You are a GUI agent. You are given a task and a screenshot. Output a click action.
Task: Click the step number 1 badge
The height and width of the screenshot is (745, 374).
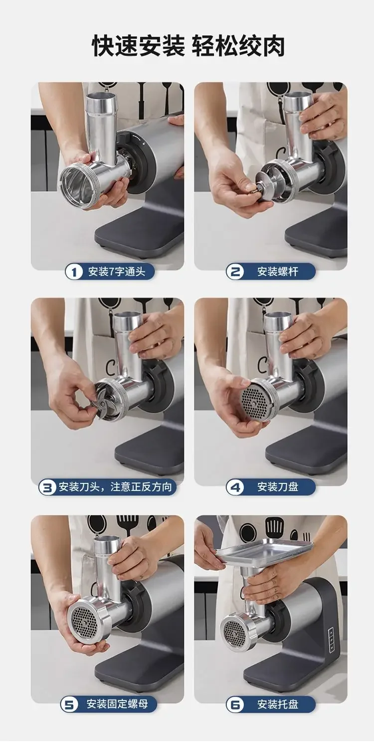pos(74,272)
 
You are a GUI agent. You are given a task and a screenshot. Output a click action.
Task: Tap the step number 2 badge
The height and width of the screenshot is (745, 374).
pos(235,272)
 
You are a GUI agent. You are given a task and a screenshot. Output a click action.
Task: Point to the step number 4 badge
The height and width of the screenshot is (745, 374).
pos(235,488)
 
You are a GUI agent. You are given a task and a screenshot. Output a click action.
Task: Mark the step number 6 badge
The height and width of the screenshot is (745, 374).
pos(235,704)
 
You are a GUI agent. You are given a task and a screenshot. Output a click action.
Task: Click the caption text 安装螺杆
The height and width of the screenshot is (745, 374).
pos(277,272)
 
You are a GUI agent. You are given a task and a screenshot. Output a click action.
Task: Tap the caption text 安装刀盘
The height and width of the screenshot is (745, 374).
pos(277,488)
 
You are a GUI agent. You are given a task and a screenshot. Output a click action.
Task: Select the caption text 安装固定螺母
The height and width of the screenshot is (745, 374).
pos(117,704)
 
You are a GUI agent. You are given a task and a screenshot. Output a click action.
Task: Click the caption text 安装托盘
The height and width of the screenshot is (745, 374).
pos(277,704)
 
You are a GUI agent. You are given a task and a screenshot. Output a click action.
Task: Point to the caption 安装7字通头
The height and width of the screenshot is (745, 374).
pos(117,272)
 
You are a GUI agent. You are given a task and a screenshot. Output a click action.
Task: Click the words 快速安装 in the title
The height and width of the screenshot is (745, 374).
pos(138,46)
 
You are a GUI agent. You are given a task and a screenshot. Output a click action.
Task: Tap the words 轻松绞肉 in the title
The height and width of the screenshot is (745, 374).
pos(238,46)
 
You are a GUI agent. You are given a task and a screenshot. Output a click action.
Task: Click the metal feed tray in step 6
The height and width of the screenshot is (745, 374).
pos(265,553)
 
